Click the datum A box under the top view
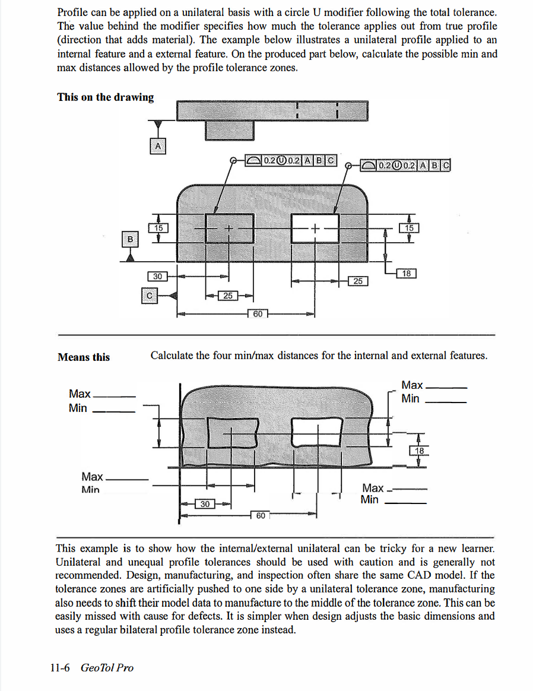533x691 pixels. [x=157, y=145]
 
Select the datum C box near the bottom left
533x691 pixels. [x=150, y=295]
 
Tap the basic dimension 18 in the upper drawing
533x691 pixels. [x=406, y=274]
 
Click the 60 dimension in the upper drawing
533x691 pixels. [x=258, y=313]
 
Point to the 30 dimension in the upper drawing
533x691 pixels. [x=157, y=276]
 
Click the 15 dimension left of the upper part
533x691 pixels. [x=158, y=227]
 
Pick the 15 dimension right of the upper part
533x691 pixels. [x=410, y=227]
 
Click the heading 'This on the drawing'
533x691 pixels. [x=106, y=97]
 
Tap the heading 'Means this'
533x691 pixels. [x=84, y=357]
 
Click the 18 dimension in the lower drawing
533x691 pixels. [x=420, y=451]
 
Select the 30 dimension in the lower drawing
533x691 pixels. [x=205, y=504]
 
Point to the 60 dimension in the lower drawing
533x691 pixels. [x=261, y=515]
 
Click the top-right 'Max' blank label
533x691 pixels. [x=413, y=385]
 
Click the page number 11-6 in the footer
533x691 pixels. [x=60, y=668]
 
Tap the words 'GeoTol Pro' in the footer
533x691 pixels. [x=107, y=668]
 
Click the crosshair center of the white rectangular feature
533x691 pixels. [x=315, y=227]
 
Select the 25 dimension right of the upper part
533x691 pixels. [x=358, y=281]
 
